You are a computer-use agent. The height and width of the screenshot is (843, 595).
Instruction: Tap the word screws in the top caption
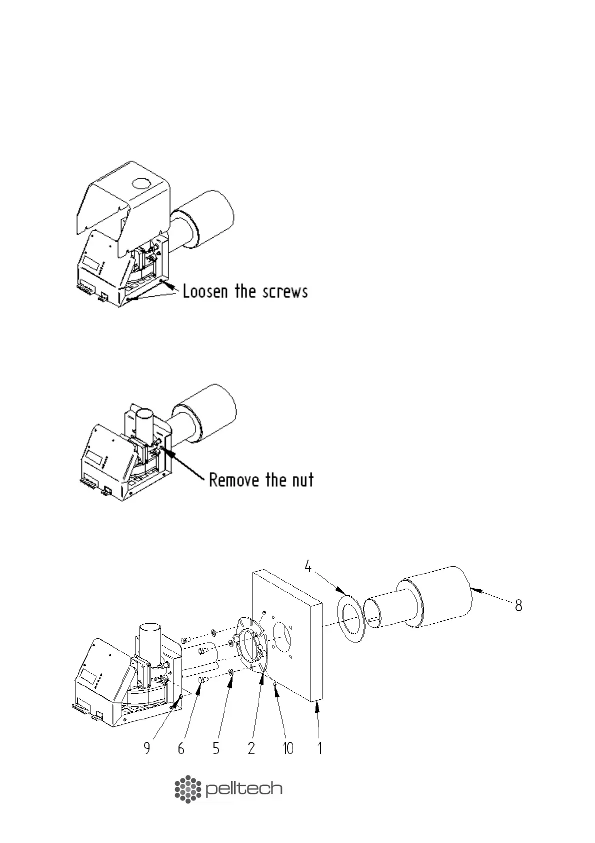(x=286, y=291)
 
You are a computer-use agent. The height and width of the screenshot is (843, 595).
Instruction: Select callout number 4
(x=308, y=568)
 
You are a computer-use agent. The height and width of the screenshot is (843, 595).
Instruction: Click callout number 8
(x=519, y=606)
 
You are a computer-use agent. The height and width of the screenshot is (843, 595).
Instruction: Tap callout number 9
(x=147, y=748)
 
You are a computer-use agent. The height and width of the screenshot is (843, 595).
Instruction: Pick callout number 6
(x=181, y=748)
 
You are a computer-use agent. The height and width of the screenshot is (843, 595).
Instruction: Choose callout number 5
(x=216, y=748)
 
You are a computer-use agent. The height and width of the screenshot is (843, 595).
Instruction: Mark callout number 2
(x=251, y=748)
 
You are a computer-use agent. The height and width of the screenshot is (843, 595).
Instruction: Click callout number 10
(x=288, y=748)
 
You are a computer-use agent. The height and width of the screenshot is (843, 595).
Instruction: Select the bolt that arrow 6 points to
(x=203, y=680)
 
